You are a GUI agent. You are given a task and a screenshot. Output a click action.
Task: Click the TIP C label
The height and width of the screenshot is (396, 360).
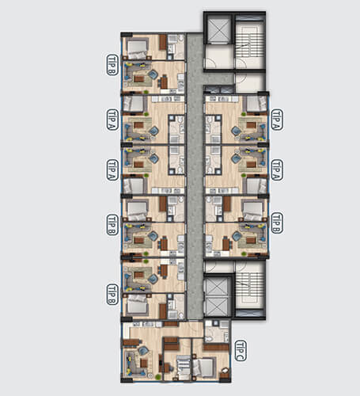[x=241, y=351]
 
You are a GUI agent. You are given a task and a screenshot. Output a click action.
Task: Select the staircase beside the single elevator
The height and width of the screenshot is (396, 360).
[x=249, y=44]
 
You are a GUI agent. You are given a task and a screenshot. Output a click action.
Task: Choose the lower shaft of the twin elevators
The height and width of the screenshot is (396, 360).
[x=216, y=307]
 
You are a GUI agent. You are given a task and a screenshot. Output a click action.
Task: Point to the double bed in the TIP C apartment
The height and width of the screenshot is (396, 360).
[x=204, y=367]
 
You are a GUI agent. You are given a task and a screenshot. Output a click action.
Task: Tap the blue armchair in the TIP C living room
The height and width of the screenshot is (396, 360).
[x=143, y=351]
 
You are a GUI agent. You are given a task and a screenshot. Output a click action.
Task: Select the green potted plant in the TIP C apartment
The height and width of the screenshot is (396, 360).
[x=157, y=377]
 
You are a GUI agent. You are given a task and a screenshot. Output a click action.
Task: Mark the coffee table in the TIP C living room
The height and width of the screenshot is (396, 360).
[x=144, y=364]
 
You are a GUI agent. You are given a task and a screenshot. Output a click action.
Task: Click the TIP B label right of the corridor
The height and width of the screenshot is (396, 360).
[x=277, y=223]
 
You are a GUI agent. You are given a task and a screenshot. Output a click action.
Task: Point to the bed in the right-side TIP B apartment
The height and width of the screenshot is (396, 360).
[x=252, y=210]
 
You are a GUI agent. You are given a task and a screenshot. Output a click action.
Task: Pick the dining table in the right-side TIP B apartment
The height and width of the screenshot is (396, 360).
[x=226, y=244]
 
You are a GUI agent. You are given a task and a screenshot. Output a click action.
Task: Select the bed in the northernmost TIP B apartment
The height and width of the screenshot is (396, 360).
[x=138, y=48]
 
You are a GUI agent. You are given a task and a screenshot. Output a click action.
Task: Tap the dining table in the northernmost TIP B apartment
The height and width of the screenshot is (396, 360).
[x=164, y=82]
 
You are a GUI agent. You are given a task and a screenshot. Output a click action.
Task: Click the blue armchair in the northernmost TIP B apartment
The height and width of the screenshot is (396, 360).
[x=153, y=74]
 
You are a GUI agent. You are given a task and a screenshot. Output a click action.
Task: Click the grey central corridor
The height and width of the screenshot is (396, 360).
[x=195, y=176]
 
